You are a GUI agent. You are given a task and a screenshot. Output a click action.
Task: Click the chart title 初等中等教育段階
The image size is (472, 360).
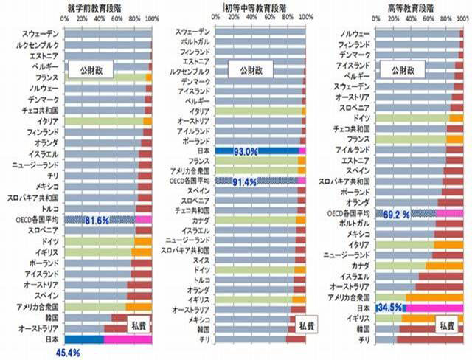260,7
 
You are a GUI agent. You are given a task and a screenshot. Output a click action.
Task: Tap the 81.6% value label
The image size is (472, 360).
97,220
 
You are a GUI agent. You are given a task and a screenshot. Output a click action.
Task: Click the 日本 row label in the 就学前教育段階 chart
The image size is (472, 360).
51,339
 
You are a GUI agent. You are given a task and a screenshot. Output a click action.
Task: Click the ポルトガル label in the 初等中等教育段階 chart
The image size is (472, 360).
195,42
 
